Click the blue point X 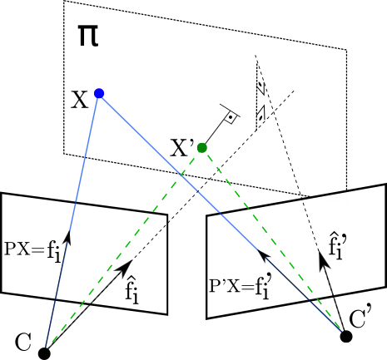99,93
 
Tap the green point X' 202,148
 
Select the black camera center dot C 44,353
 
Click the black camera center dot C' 346,337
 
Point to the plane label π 88,36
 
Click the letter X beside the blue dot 79,100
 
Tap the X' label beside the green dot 181,148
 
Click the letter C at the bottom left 23,342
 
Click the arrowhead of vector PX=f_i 68,238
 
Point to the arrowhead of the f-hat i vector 126,267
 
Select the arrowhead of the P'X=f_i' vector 264,255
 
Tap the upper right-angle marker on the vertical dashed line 260,86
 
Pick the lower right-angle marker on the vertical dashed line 260,114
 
